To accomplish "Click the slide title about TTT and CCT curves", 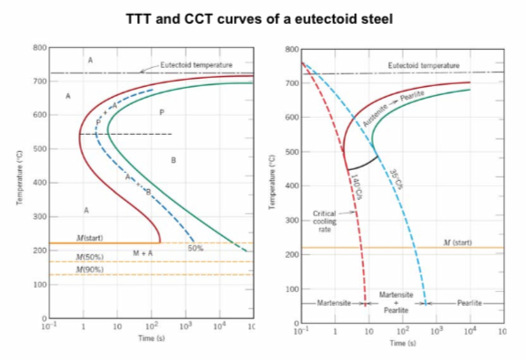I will (x=259, y=19).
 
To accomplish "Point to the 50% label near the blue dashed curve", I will (x=195, y=248).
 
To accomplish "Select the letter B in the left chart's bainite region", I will (x=173, y=160).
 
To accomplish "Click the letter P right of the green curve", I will (x=162, y=112).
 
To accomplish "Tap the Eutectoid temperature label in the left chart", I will (x=196, y=65).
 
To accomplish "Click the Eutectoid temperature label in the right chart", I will (x=424, y=66).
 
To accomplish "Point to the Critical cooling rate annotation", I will (x=324, y=221).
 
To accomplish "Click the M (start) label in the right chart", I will (x=457, y=242).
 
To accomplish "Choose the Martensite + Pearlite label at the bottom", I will (x=396, y=302).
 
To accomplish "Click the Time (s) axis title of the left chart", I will (x=151, y=339).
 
